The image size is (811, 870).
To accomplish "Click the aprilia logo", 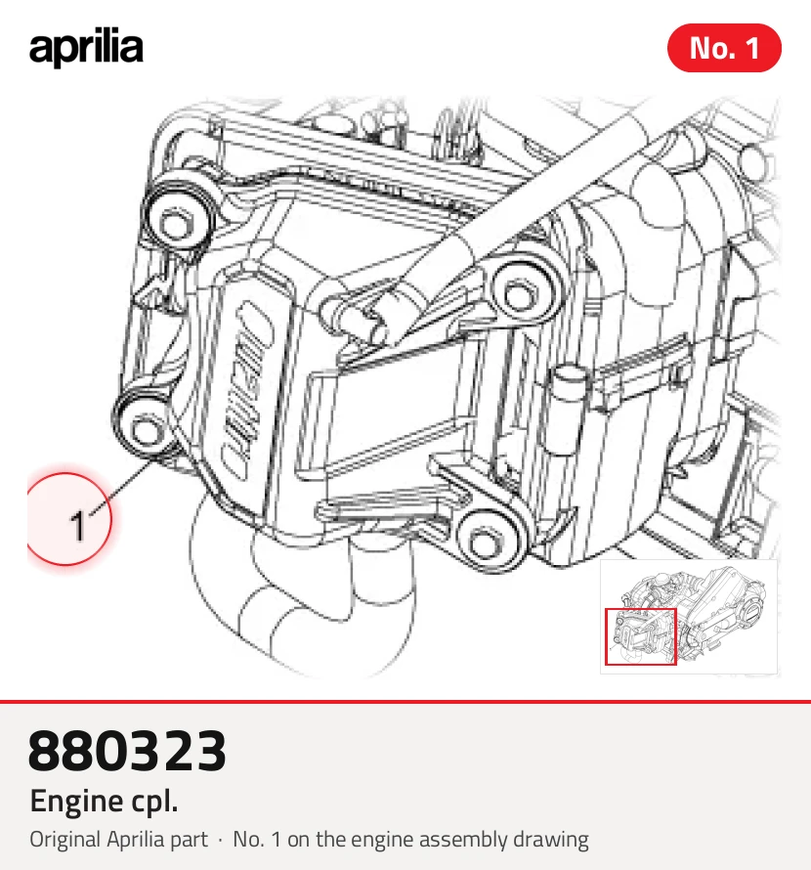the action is tap(86, 48).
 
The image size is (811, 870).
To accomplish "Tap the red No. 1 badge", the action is tap(724, 48).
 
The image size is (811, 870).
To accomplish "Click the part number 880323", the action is tap(127, 751).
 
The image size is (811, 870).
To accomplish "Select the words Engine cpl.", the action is tap(104, 802).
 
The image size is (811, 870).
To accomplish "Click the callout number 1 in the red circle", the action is tap(78, 526).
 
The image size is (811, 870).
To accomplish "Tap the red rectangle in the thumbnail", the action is tap(641, 636).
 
